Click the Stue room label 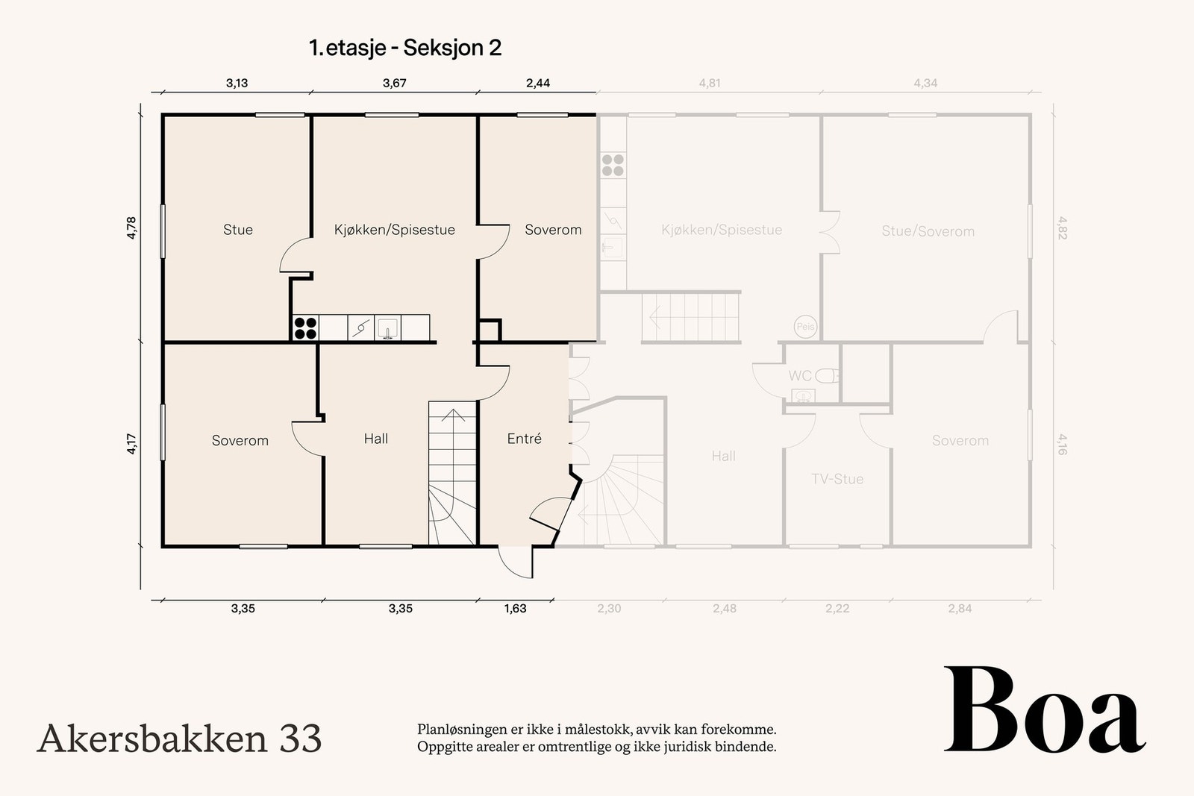(238, 230)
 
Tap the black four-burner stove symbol (306, 328)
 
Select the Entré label (524, 439)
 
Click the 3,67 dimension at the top (395, 83)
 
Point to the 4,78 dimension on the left (131, 228)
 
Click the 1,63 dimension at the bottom (516, 609)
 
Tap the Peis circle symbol (805, 326)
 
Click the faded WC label (799, 376)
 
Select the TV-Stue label (837, 479)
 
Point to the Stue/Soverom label (928, 231)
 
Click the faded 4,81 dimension (710, 83)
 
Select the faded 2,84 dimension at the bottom (960, 609)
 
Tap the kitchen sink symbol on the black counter (387, 328)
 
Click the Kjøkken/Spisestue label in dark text (395, 230)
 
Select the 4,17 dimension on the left (131, 445)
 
